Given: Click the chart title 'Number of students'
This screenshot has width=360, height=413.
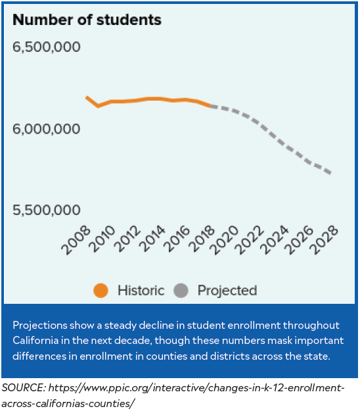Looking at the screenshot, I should click(x=87, y=20).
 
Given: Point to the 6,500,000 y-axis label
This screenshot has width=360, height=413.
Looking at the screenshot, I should click(x=47, y=48).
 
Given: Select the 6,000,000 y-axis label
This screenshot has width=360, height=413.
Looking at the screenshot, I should click(x=47, y=129).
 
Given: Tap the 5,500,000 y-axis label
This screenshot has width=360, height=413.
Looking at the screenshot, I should click(x=47, y=210).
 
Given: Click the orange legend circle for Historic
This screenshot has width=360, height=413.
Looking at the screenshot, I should click(x=101, y=290).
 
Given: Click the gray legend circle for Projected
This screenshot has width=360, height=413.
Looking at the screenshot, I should click(x=182, y=290).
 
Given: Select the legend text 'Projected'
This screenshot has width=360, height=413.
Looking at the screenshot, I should click(x=227, y=290).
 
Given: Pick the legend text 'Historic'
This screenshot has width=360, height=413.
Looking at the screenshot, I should click(x=141, y=290).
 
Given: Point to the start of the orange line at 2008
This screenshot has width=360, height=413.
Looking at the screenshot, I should click(x=87, y=97).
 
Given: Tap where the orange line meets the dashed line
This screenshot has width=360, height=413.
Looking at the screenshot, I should click(x=210, y=105).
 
